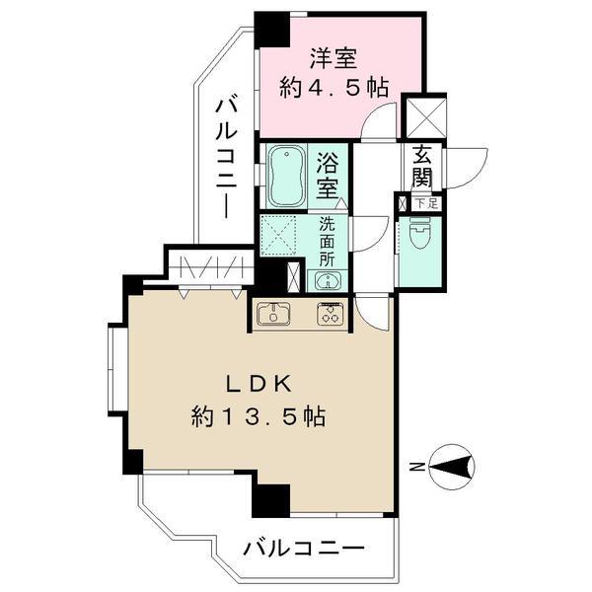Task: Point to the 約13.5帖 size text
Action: (259, 416)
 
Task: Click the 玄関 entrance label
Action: (421, 167)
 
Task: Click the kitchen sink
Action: (273, 314)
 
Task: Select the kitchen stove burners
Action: (328, 314)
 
